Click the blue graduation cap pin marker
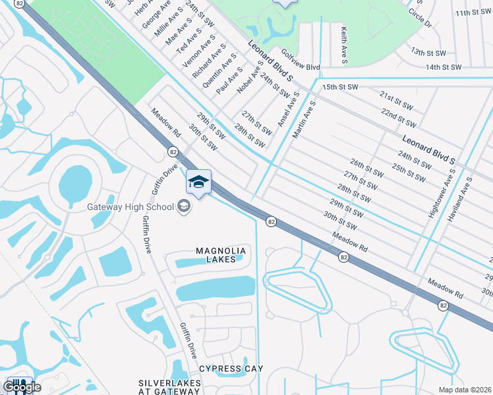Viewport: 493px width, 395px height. (198, 182)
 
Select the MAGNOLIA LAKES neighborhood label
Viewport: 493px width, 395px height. (221, 255)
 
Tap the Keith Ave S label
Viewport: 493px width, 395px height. (344, 45)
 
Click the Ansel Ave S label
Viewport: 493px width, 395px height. (289, 109)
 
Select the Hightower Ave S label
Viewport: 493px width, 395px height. (441, 193)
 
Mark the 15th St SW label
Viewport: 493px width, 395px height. (339, 87)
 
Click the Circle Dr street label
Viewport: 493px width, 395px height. (419, 18)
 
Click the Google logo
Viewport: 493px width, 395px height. (22, 387)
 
